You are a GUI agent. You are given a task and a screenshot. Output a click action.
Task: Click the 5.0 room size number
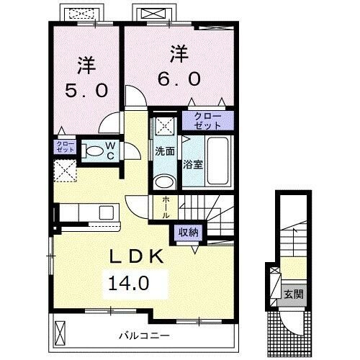point(86,91)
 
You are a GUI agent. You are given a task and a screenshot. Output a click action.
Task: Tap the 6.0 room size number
point(179,79)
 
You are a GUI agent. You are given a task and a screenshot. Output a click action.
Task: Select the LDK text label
point(137,256)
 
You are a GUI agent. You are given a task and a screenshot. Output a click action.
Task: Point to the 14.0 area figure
point(129,283)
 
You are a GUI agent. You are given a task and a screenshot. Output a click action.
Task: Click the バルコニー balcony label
point(145,336)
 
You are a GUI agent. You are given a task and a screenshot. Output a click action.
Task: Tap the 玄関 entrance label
point(294,294)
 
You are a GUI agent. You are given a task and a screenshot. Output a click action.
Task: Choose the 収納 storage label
point(189,232)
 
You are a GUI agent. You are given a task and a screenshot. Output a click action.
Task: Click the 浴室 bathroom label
point(193,164)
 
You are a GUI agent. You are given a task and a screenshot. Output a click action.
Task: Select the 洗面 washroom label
point(165,151)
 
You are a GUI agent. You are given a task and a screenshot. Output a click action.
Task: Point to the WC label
point(110,150)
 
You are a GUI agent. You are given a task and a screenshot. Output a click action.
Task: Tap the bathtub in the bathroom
point(218,161)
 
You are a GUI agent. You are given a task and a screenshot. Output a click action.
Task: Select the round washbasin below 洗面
point(163,181)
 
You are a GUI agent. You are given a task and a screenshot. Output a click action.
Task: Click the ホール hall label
point(166,207)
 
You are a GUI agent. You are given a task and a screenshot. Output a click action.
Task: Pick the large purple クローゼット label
point(207,121)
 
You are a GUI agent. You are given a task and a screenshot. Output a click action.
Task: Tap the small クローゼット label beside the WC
point(66,147)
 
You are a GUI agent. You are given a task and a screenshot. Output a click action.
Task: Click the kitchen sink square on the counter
point(107,212)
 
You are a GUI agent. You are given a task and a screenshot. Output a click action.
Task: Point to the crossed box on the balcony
point(60,333)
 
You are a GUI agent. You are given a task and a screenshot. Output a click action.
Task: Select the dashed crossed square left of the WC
point(65,171)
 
